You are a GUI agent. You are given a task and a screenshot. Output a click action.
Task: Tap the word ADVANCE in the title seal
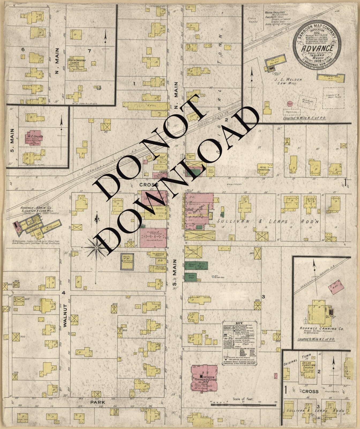pyautogui.click(x=317, y=49)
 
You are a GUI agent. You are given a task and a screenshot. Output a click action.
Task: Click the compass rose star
pyautogui.click(x=96, y=248)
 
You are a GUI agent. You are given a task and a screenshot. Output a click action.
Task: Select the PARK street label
pyautogui.click(x=97, y=402)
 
